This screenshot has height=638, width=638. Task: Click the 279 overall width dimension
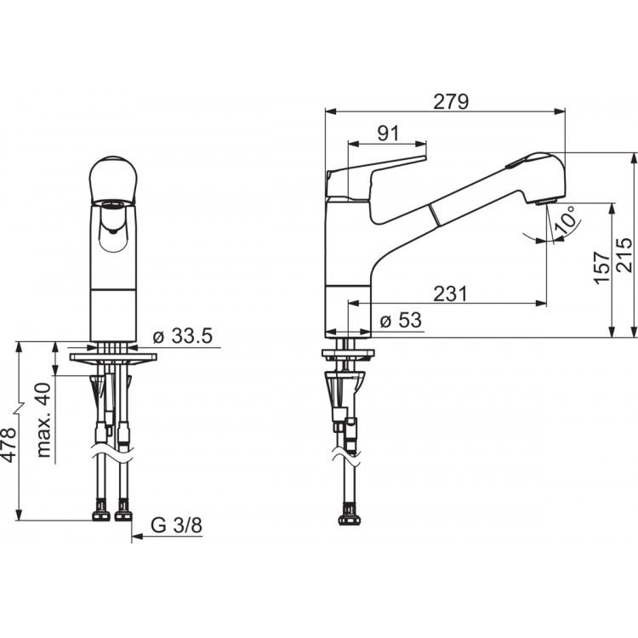coord(451,102)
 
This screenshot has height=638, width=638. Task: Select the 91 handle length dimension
coord(389,133)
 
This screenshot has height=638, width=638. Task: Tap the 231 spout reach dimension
coord(450,293)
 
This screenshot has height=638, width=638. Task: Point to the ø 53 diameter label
coord(401,320)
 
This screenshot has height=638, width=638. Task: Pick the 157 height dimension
coord(601,267)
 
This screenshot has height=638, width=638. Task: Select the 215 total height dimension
coord(624,255)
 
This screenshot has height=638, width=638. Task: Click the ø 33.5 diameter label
coord(183,336)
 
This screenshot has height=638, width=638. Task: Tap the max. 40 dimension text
coord(44,420)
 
